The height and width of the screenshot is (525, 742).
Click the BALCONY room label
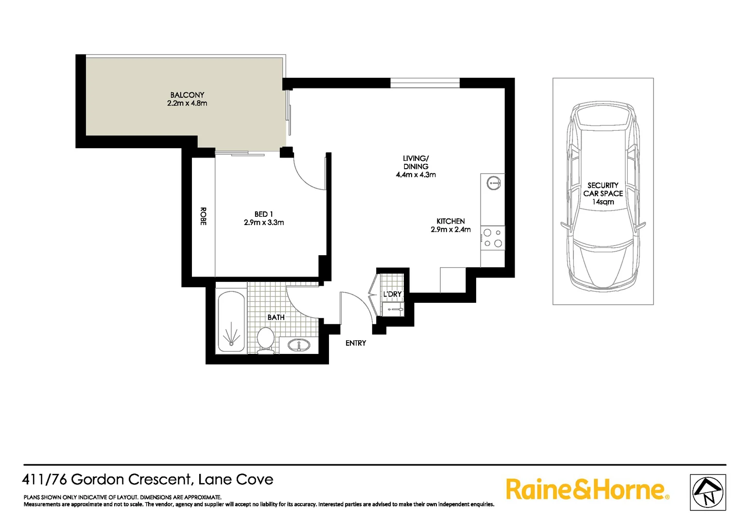[187, 95]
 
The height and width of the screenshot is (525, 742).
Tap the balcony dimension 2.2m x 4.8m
[187, 104]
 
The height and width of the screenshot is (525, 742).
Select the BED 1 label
[263, 214]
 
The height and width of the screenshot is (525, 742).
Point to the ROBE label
[203, 216]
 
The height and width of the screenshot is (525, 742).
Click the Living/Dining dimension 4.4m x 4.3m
[415, 175]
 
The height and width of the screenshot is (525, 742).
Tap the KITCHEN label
[450, 221]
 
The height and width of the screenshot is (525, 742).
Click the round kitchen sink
[493, 183]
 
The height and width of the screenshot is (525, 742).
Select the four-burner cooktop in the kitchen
[493, 238]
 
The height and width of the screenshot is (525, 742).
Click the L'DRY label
[392, 294]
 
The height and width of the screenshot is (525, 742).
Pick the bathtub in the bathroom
[231, 321]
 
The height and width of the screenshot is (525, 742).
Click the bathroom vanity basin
[298, 345]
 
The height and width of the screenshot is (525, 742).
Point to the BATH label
[276, 317]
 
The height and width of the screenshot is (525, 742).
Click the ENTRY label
[356, 343]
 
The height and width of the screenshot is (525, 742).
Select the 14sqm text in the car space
[603, 202]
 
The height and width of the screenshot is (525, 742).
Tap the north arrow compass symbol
[708, 492]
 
